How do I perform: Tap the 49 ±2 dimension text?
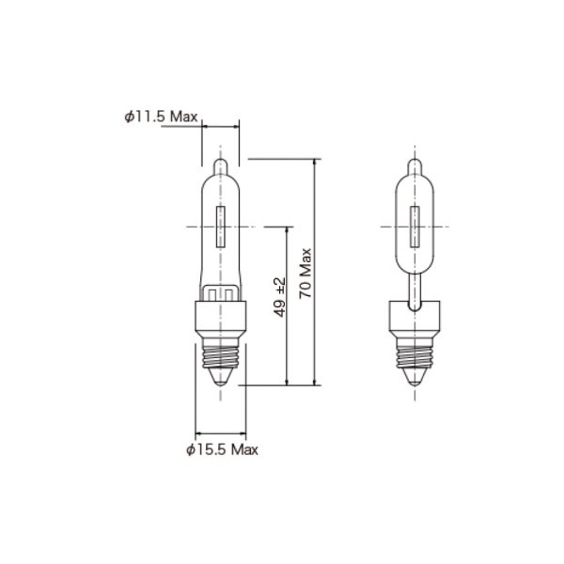coord(280,298)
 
